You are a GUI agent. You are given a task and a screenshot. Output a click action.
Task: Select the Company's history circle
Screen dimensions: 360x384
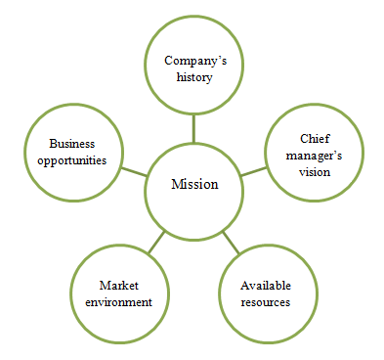pos(193,67)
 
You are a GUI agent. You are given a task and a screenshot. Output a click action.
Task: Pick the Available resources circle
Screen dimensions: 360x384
pos(267,292)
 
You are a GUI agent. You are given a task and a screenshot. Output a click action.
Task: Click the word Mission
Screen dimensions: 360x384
pos(193,185)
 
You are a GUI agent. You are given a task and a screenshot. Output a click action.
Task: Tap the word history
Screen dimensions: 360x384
pos(193,76)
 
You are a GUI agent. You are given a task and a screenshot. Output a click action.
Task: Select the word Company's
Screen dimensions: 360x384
pos(193,60)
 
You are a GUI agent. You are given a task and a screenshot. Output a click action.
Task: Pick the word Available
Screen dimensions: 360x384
pos(267,285)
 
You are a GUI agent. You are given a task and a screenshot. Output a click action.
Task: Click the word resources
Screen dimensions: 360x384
pos(267,301)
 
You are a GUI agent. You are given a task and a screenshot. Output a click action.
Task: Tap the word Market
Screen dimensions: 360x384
pos(119,285)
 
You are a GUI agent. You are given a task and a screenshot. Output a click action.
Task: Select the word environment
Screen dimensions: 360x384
pos(119,301)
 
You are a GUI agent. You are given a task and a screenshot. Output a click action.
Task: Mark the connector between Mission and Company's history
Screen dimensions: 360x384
pos(193,127)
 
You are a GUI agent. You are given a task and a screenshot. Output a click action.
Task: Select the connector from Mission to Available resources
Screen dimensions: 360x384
pos(230,240)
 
